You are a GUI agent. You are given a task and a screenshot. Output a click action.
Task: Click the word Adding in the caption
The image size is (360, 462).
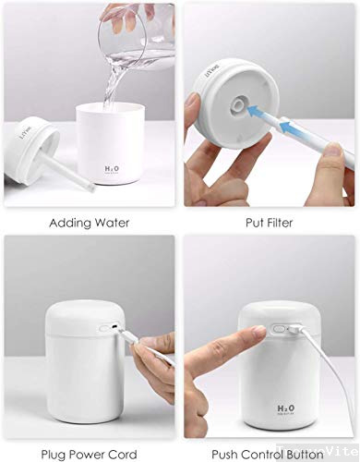pos(66,223)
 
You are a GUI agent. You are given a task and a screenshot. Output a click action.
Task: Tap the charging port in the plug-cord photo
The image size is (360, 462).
pos(113,328)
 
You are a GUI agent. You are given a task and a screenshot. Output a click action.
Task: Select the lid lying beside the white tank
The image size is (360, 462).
pos(32,151)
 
